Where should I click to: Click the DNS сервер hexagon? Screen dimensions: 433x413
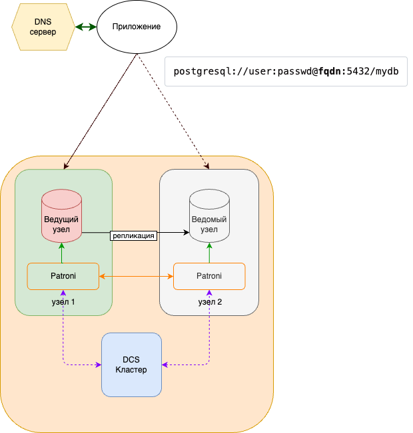click(43, 27)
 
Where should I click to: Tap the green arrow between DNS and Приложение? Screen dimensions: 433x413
click(85, 27)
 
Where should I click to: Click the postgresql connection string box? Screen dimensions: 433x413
click(285, 72)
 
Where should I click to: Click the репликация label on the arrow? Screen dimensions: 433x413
click(134, 235)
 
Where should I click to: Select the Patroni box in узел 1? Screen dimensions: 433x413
click(63, 276)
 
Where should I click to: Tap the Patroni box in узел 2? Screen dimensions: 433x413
click(209, 276)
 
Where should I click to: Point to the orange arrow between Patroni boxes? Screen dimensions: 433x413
click(136, 276)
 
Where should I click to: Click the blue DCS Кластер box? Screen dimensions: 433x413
click(131, 364)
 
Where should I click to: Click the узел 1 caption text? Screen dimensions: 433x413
click(63, 302)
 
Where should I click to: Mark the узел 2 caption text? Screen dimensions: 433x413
click(210, 302)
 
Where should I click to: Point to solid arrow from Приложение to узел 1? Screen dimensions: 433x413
click(100, 113)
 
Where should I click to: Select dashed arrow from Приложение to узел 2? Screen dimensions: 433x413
click(175, 113)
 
